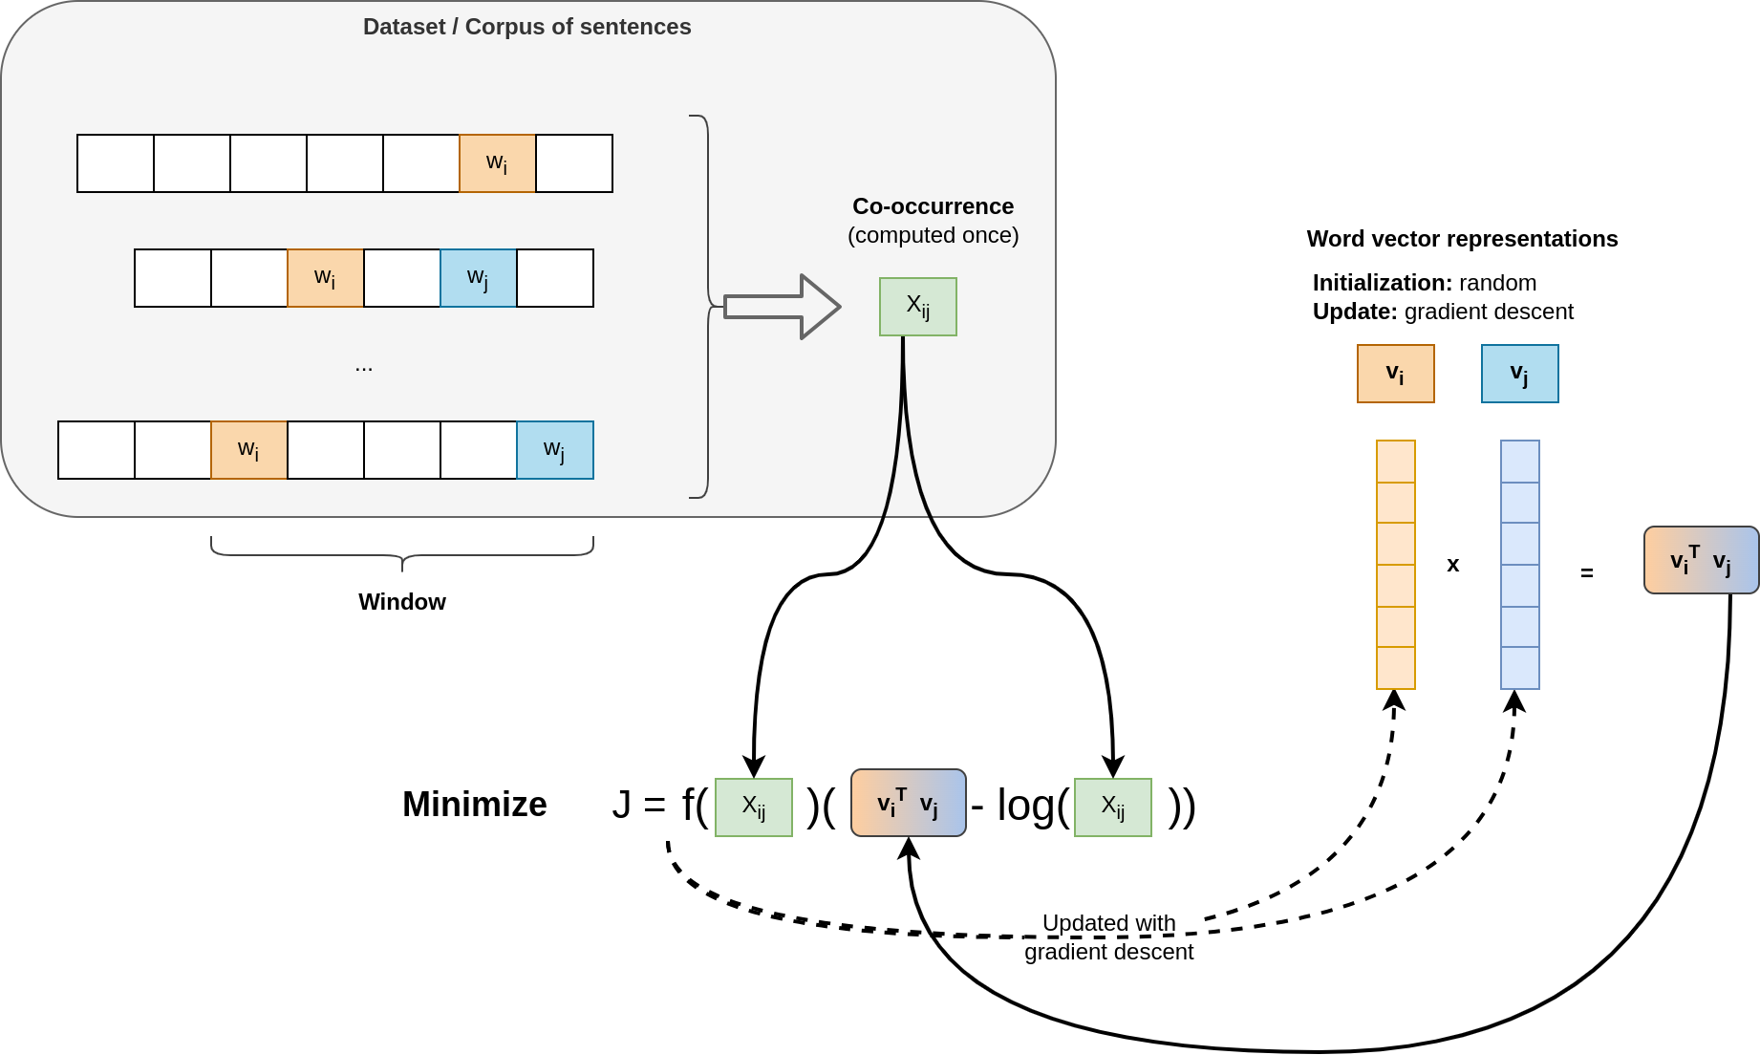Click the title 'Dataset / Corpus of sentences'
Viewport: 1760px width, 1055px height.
pyautogui.click(x=526, y=27)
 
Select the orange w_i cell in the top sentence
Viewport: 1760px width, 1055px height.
pyautogui.click(x=497, y=163)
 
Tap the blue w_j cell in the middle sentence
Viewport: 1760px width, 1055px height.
pyautogui.click(x=478, y=278)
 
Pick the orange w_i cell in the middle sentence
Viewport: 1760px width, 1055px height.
pyautogui.click(x=325, y=278)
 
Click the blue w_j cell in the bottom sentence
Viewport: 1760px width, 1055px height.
pyautogui.click(x=554, y=450)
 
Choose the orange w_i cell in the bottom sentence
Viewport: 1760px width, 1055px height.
pyautogui.click(x=248, y=450)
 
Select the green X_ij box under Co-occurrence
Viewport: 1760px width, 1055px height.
pyautogui.click(x=917, y=307)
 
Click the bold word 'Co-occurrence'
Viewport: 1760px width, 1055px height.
pyautogui.click(x=933, y=206)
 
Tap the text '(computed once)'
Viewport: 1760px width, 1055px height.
pyautogui.click(x=933, y=235)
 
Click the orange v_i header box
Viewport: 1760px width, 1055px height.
pyautogui.click(x=1395, y=374)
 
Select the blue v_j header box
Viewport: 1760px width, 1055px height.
pyautogui.click(x=1519, y=374)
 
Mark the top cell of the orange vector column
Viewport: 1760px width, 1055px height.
pyautogui.click(x=1395, y=462)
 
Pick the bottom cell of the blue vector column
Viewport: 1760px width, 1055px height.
pyautogui.click(x=1519, y=668)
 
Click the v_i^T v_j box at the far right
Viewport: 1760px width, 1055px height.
pyautogui.click(x=1701, y=560)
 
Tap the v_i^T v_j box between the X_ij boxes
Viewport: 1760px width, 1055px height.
pyautogui.click(x=908, y=803)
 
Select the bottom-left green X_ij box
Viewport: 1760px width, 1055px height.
pyautogui.click(x=753, y=807)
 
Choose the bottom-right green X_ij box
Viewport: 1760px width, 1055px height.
pyautogui.click(x=1112, y=807)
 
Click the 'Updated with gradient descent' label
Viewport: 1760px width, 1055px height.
pyautogui.click(x=1108, y=937)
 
